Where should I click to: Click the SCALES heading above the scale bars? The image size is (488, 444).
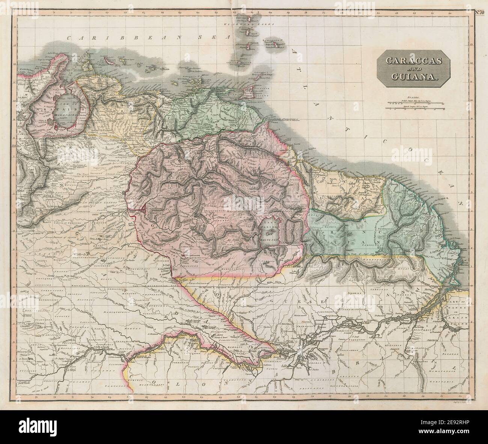click(416, 97)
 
